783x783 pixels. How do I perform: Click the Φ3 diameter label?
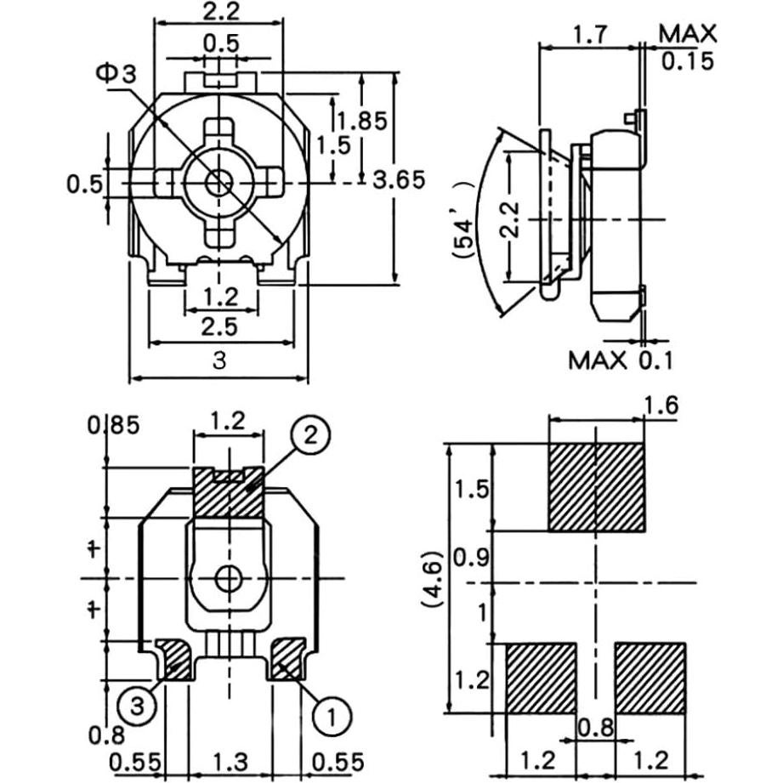click(x=116, y=74)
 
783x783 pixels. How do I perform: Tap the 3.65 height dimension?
click(x=399, y=179)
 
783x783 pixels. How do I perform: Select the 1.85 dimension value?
click(x=362, y=121)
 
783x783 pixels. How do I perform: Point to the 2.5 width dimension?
click(x=219, y=327)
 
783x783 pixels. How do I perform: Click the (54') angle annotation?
click(x=462, y=220)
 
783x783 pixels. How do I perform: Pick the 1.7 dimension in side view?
click(x=590, y=35)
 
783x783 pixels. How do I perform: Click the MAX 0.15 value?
click(x=688, y=47)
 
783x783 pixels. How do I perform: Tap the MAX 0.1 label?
click(x=621, y=360)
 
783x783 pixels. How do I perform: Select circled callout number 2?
click(x=310, y=435)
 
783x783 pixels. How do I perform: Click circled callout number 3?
click(x=138, y=706)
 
